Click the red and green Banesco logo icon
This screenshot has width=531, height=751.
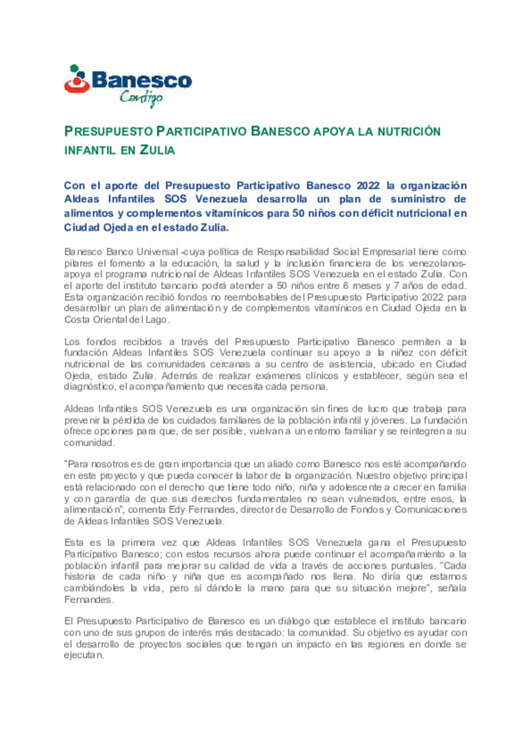(77, 80)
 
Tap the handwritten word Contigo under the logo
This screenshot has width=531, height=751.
(141, 98)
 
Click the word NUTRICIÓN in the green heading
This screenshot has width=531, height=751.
(409, 132)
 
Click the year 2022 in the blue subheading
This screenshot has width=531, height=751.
(368, 186)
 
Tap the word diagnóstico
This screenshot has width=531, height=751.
(89, 387)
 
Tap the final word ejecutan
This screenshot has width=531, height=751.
(83, 656)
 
